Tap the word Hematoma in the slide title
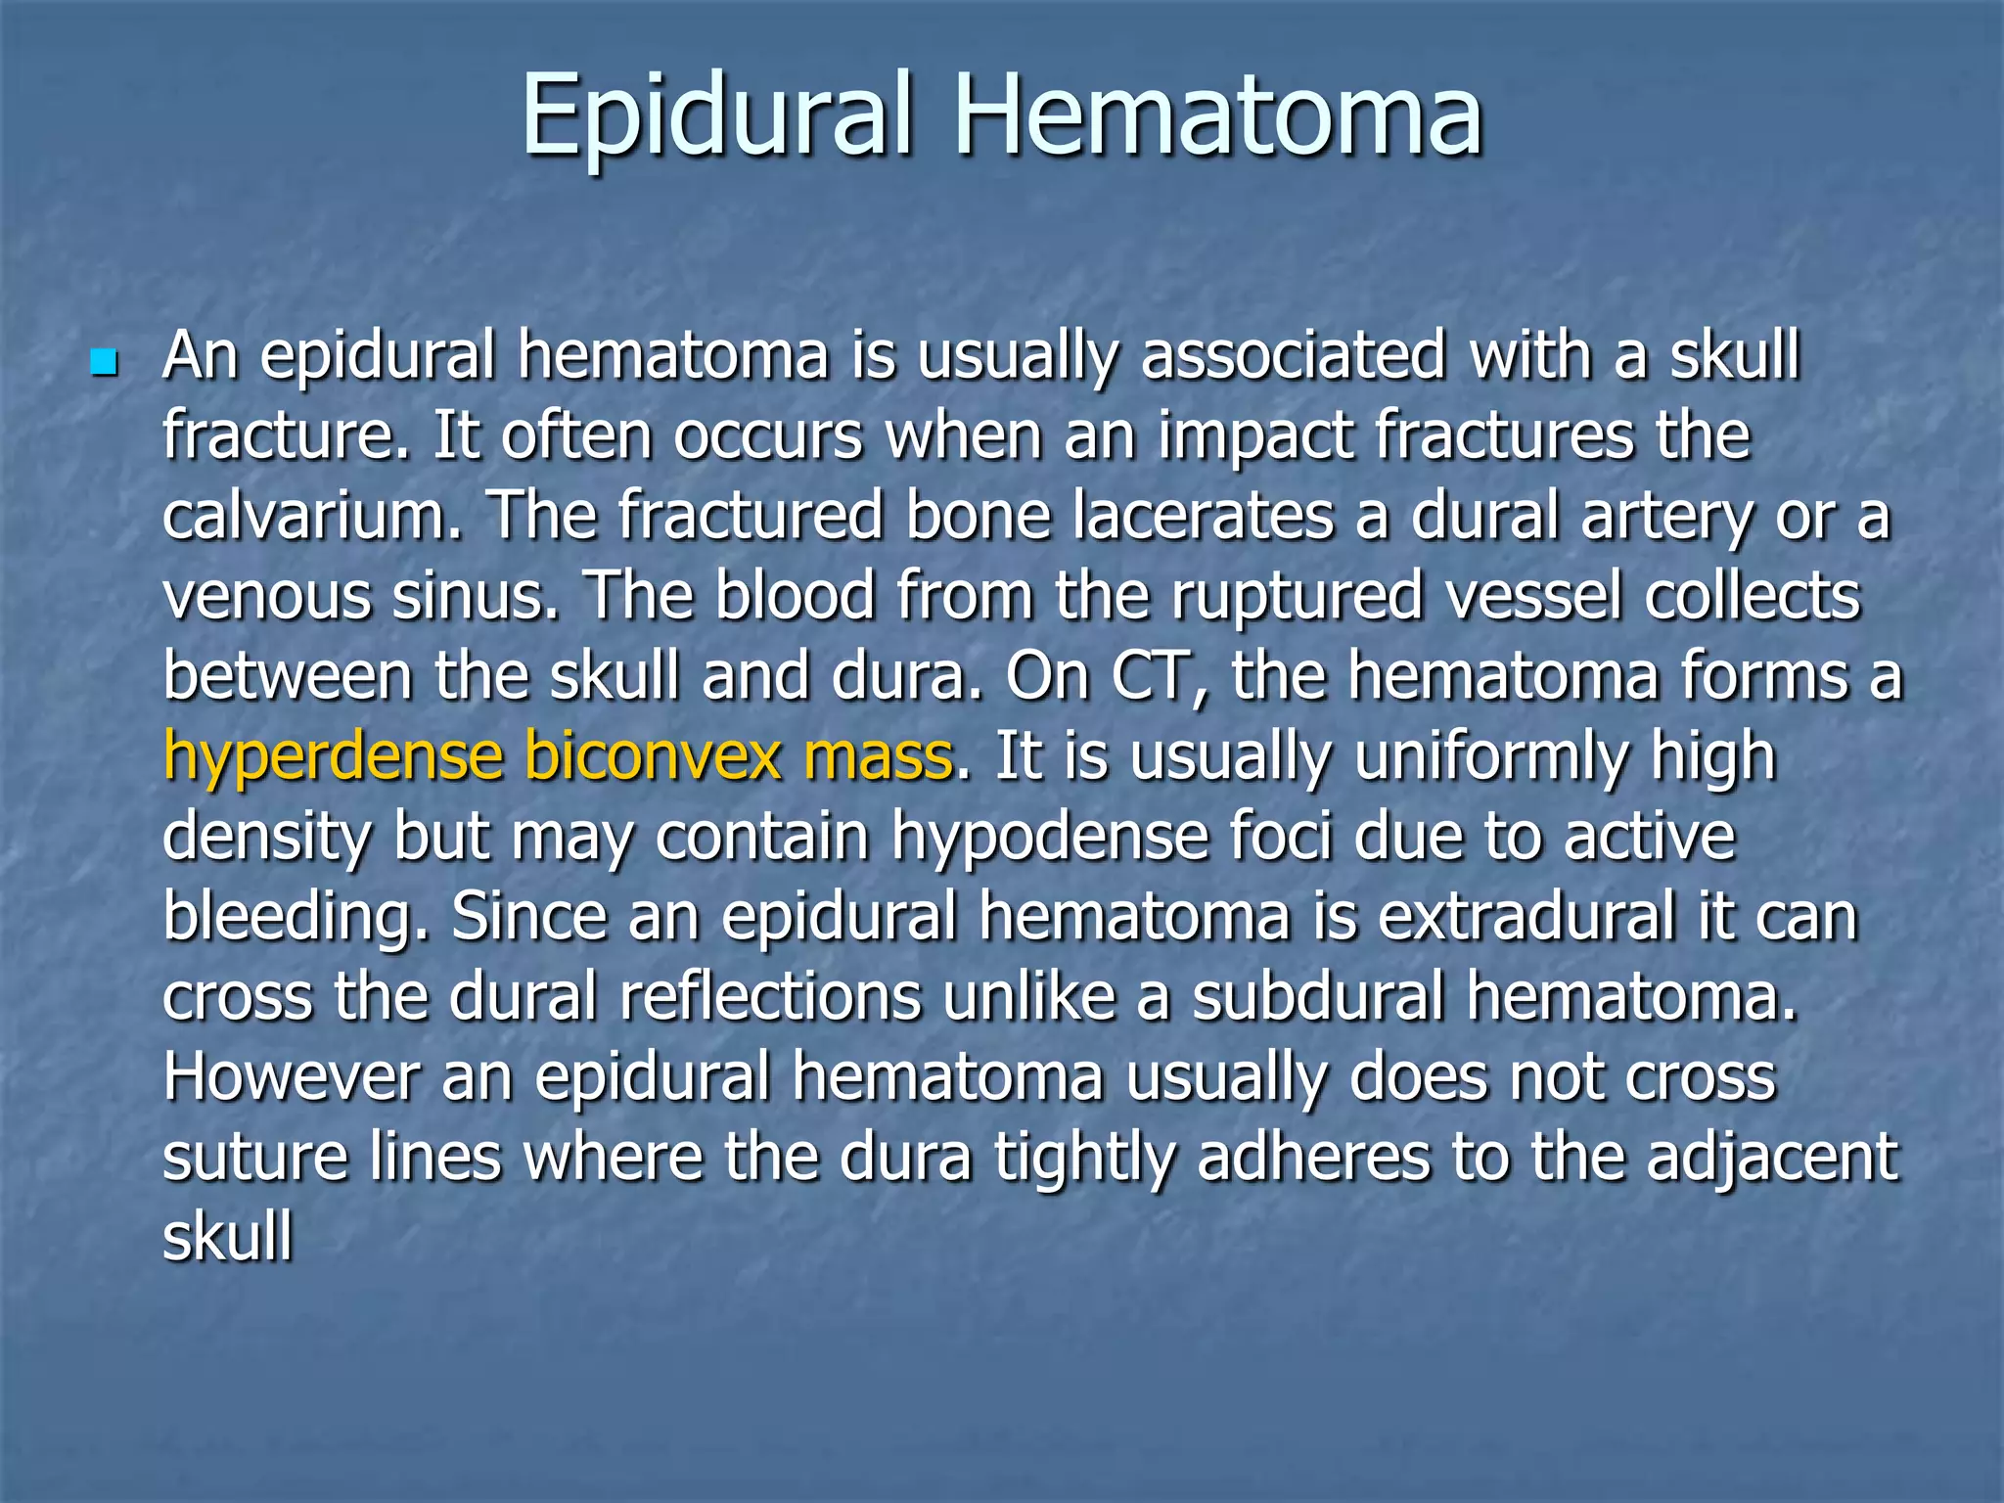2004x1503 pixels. tap(1218, 115)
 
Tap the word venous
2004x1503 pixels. tap(266, 597)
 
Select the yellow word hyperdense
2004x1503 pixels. tap(333, 758)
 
